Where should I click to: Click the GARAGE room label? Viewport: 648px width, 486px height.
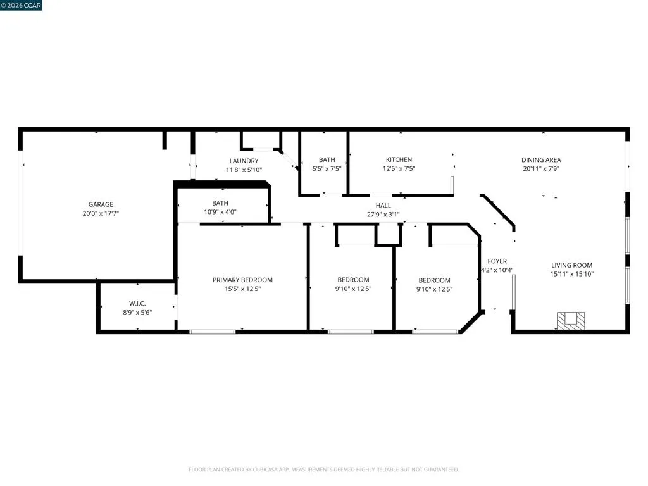[101, 204]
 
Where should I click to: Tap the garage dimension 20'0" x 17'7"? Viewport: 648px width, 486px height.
[101, 214]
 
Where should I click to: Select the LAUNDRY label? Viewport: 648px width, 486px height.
[244, 161]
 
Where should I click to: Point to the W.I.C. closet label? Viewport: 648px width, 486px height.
[137, 304]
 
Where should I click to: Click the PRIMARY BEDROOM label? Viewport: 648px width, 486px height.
[242, 280]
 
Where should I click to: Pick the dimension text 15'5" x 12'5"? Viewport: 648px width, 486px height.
[242, 289]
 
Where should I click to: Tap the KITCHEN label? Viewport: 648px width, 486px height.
[399, 159]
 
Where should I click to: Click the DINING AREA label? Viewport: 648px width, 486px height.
[541, 160]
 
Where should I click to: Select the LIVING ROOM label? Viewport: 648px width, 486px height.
[572, 265]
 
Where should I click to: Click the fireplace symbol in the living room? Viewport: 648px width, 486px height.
[571, 321]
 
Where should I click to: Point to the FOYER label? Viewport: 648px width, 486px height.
[497, 261]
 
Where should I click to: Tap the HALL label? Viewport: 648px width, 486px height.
[383, 206]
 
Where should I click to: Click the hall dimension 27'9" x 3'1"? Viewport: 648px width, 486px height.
[383, 215]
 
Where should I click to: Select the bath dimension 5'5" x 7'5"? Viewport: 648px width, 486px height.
[327, 168]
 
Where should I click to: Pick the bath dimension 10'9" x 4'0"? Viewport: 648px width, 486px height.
[220, 212]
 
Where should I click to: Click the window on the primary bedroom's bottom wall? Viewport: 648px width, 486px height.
[213, 332]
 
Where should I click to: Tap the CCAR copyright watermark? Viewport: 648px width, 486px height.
[21, 5]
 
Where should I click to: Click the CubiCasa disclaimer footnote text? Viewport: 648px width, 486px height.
[324, 470]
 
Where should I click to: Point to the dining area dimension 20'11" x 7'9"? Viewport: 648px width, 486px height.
[541, 168]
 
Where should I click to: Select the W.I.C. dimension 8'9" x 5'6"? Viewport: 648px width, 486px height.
[137, 313]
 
